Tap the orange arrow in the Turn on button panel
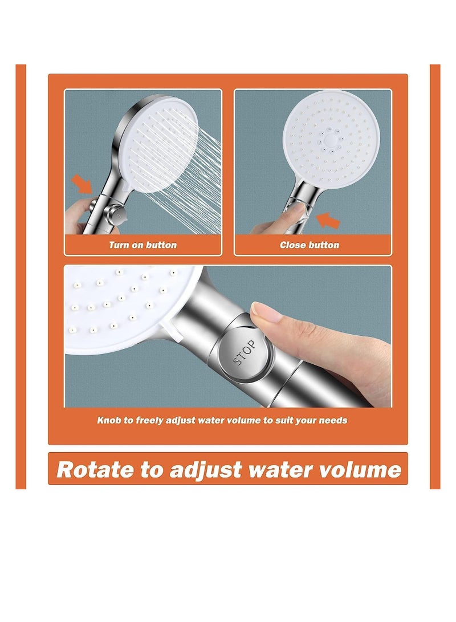(x=81, y=184)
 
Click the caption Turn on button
(x=142, y=245)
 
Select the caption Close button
(x=309, y=245)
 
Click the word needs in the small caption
(x=335, y=421)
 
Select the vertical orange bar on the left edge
(x=21, y=277)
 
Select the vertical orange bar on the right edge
(x=435, y=277)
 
